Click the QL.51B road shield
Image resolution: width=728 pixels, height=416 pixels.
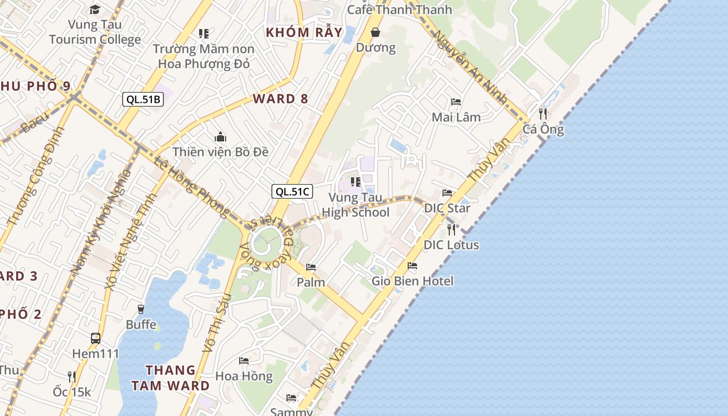pos(143,99)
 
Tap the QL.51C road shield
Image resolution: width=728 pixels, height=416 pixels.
pos(292,191)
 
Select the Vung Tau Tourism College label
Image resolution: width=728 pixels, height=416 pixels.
pos(95,32)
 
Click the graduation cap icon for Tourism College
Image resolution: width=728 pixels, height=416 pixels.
pos(95,9)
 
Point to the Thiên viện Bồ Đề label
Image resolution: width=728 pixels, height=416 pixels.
pos(220,152)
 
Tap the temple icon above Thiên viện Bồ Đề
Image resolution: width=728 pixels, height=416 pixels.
pos(220,137)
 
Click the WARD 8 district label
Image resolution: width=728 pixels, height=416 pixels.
pos(280,99)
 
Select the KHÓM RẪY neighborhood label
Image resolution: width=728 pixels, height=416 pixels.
pos(304,32)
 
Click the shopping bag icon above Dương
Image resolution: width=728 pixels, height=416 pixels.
pos(375,32)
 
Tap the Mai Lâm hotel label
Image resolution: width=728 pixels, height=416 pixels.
pos(456,117)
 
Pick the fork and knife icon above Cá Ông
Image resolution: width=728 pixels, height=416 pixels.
pos(543,113)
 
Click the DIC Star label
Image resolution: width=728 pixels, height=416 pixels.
pos(447,208)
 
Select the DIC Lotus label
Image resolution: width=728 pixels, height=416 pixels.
pos(451,244)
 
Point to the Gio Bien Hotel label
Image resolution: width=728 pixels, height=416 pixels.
pos(412,281)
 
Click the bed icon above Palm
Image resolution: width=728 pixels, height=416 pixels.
pos(311,267)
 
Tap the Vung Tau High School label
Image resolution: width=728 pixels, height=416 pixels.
pos(356,205)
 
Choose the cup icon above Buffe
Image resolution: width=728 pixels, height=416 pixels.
pos(140,309)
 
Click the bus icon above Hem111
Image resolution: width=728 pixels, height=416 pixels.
pos(96,339)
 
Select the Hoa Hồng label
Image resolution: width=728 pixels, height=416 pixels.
pos(244,376)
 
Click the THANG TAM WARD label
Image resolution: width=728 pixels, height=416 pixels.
pos(170,378)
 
